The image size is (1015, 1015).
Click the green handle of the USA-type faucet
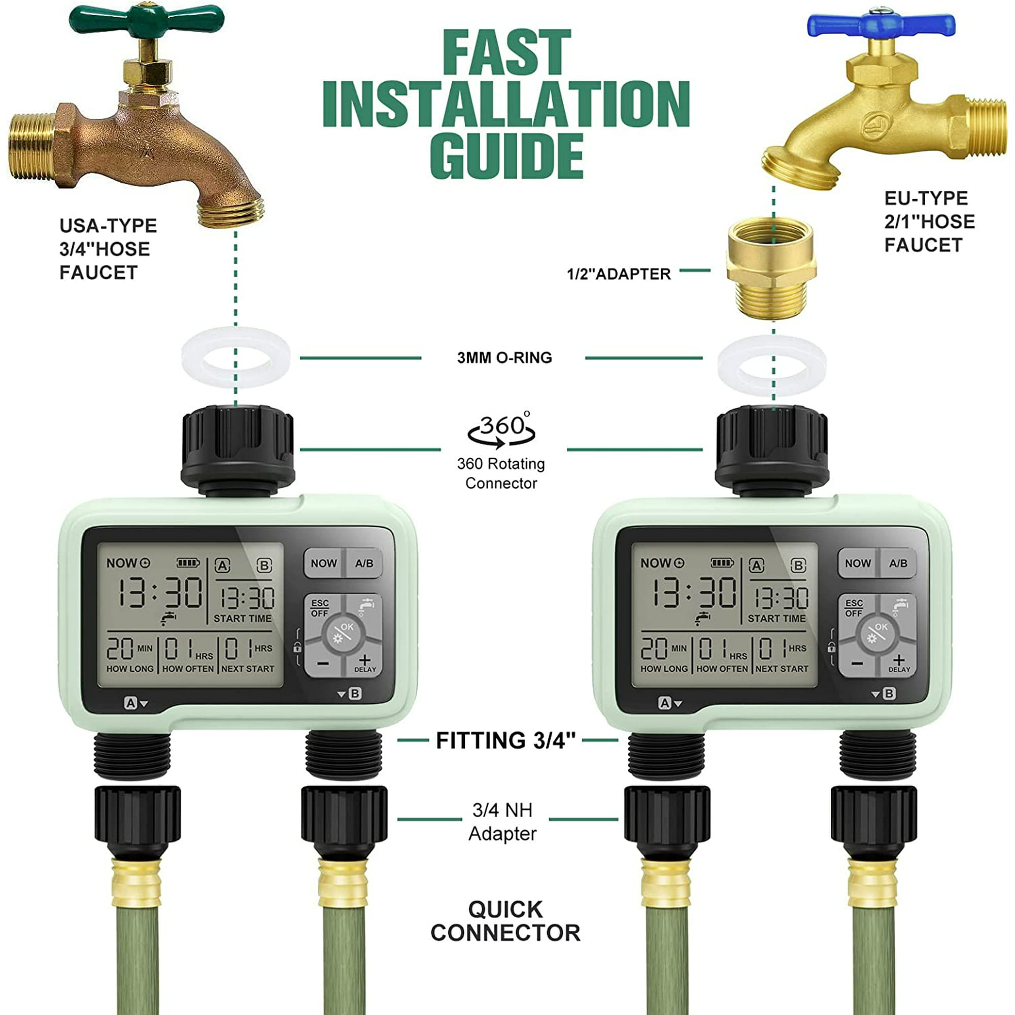pyautogui.click(x=147, y=20)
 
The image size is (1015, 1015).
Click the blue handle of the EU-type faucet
pyautogui.click(x=881, y=24)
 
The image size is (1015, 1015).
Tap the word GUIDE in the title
pyautogui.click(x=506, y=156)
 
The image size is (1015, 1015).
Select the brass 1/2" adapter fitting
pyautogui.click(x=771, y=269)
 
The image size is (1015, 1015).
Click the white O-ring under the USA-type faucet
pyautogui.click(x=236, y=357)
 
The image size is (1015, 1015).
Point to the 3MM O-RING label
pyautogui.click(x=504, y=358)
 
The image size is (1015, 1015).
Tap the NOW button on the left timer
pyautogui.click(x=324, y=563)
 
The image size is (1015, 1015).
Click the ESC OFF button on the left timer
pyautogui.click(x=319, y=608)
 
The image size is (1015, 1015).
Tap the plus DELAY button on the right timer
pyautogui.click(x=898, y=663)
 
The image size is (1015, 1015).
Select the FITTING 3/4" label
pyautogui.click(x=505, y=741)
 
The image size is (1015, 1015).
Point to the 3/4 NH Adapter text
pyautogui.click(x=503, y=822)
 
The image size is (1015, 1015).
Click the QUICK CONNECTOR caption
pyautogui.click(x=505, y=921)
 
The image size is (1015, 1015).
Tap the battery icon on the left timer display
pyautogui.click(x=188, y=563)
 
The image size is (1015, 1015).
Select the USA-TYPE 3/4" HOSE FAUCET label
pyautogui.click(x=108, y=249)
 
